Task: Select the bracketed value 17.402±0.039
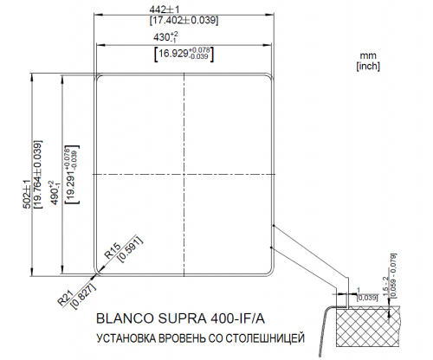183,19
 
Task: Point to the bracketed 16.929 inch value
184,54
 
